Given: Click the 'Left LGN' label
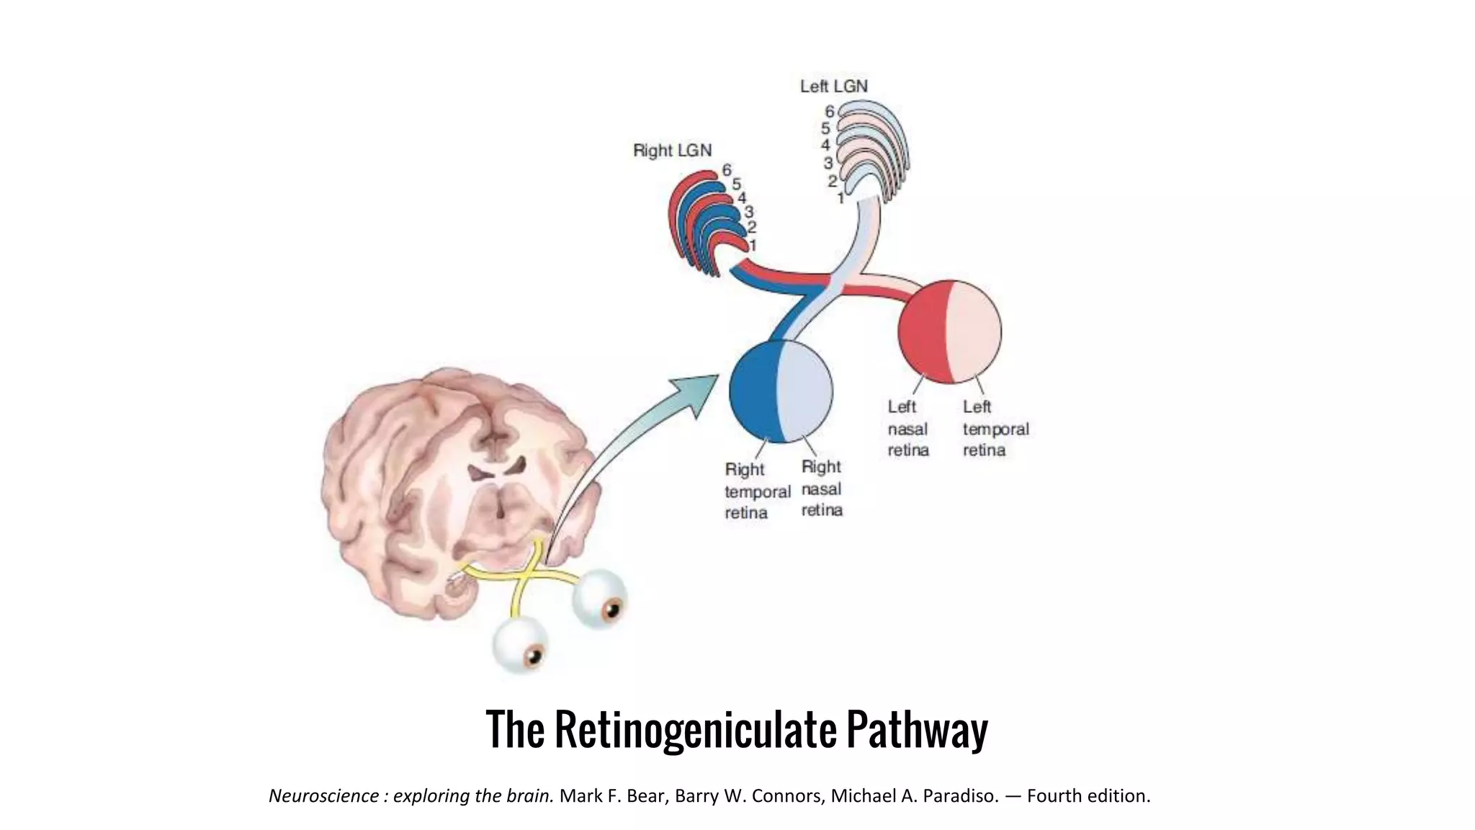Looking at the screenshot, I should (833, 86).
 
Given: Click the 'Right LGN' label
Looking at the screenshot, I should (672, 151).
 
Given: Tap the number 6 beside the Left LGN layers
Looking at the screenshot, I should (829, 112).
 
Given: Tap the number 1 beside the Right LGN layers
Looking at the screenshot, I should (753, 246).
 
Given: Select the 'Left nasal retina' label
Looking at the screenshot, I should (907, 429).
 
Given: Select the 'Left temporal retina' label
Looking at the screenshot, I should (995, 429).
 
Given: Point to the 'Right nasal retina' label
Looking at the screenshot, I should (821, 488).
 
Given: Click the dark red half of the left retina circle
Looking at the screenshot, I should (921, 331).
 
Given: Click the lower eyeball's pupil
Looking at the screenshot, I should (534, 656).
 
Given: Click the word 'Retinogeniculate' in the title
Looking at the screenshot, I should (695, 729).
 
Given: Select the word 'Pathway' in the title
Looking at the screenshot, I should (916, 729).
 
